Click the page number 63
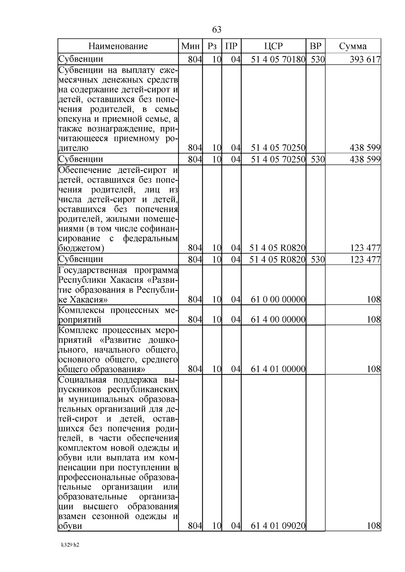point(217,30)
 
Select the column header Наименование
point(118,46)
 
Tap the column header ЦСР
point(273,46)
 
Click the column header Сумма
point(353,46)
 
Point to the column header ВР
point(316,46)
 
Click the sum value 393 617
point(365,60)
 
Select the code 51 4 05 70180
point(278,60)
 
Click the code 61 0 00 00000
point(278,299)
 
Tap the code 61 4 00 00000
point(278,319)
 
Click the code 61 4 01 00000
point(278,369)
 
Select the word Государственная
point(92,270)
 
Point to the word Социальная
point(82,380)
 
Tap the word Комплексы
point(80,310)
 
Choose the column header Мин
point(190,46)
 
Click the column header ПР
point(231,46)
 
